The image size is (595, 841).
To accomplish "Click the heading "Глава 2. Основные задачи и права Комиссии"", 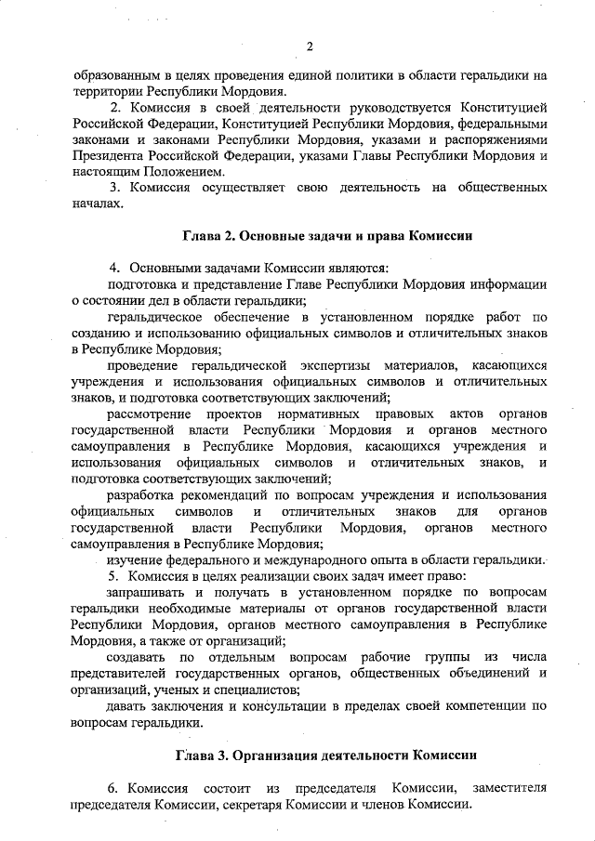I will coord(309,236).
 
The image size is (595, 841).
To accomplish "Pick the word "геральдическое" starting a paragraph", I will coord(154,317).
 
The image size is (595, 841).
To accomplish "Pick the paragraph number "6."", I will coord(114,788).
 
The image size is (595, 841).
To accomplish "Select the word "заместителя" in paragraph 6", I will coord(509,788).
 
